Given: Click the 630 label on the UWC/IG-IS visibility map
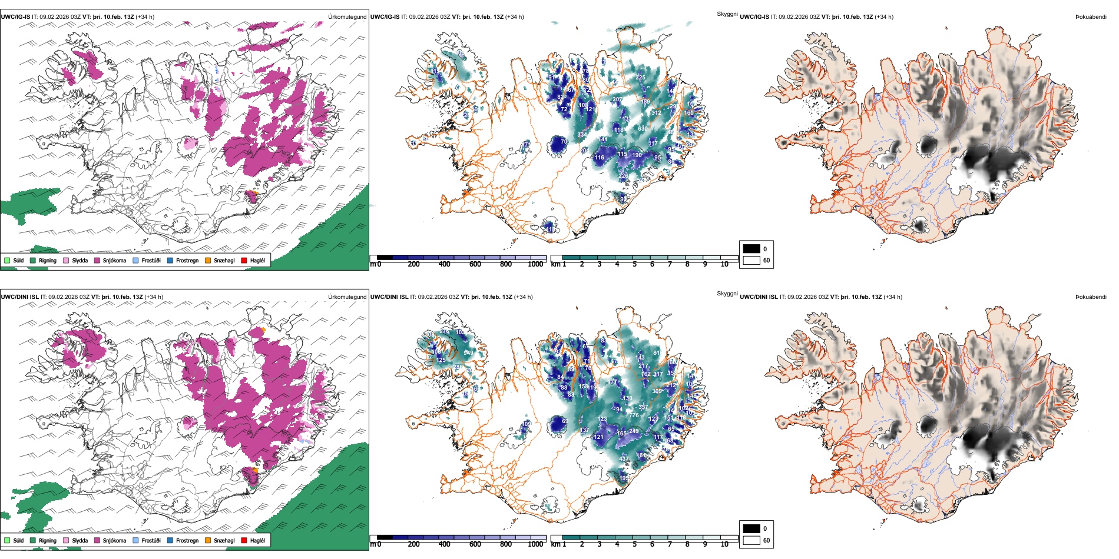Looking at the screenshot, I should pos(643,128).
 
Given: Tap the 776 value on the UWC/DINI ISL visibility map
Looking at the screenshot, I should pos(634,415).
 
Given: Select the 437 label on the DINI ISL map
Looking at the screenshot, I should pos(624,458).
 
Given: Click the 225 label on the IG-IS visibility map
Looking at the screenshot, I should pos(641,77).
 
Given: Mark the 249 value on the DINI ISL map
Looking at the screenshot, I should pos(634,431).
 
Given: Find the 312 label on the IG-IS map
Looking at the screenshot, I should pos(656,112).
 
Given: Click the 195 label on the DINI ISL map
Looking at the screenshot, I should pos(624,478).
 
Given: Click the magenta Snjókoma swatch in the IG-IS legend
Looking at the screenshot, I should pos(97,260).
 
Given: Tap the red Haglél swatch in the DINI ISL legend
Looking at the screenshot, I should pos(244,540).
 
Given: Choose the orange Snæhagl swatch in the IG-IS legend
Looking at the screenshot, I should pos(208,260).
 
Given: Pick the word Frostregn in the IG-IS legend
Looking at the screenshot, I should pos(187,260).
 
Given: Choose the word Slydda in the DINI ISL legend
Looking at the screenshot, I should pos(80,540).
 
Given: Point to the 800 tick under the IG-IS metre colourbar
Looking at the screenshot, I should pos(506,264).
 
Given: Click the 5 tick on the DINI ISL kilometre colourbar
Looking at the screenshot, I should pos(635,544).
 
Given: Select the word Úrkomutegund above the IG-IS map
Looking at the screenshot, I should pos(347,17).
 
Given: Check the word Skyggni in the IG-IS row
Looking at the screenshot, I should pos(727,14).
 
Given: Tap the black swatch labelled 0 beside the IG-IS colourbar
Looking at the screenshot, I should pos(751,248).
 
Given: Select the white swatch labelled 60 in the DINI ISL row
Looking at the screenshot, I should pos(751,540).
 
